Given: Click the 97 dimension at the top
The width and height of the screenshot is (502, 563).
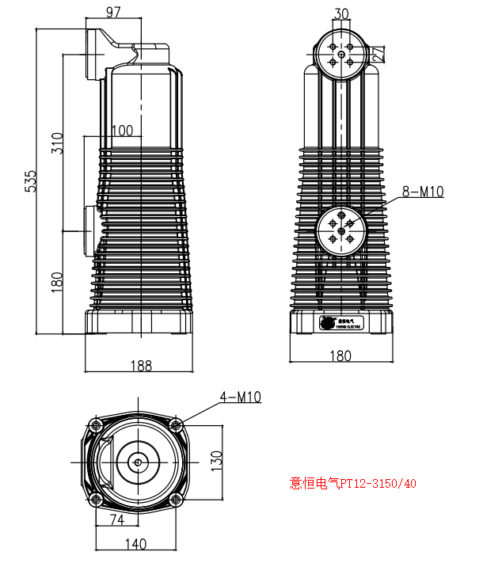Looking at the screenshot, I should [x=114, y=12].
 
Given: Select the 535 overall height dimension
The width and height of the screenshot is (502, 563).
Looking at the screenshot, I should [x=31, y=181].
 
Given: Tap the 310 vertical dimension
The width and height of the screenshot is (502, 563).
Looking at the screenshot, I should [x=56, y=143].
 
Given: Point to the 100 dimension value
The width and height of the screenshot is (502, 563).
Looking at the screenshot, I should [x=122, y=131].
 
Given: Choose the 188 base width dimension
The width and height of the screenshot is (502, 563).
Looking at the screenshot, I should [x=140, y=365].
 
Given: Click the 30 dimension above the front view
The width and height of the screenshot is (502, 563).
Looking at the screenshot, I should [x=341, y=13].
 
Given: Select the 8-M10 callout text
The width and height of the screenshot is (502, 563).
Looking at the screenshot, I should [x=423, y=191].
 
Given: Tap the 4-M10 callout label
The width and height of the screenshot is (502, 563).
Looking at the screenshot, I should [x=241, y=397].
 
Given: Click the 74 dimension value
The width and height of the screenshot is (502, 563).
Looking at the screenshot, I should [x=116, y=520].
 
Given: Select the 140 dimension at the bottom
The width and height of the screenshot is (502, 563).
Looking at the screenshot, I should [x=136, y=544].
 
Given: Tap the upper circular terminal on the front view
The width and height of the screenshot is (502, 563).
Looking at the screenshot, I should [x=341, y=54].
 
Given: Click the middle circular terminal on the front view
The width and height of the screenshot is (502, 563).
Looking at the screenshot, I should [x=341, y=230].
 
